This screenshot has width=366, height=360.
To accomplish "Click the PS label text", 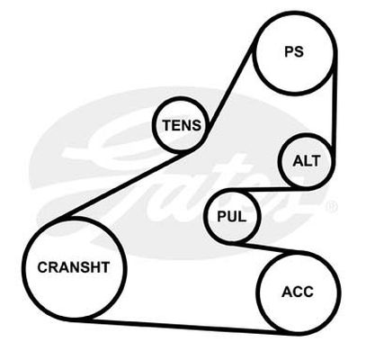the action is (x=294, y=51).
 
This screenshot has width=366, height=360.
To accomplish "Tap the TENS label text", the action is (x=182, y=125).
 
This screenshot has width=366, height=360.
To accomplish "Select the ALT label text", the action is (x=307, y=161).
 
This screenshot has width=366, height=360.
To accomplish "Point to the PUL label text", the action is (x=232, y=216).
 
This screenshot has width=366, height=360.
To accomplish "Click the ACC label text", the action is (x=298, y=292).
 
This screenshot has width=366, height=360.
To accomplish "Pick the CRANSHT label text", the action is (x=74, y=267).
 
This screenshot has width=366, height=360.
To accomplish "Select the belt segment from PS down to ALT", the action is (x=334, y=102).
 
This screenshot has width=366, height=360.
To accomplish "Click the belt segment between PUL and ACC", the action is (x=261, y=247).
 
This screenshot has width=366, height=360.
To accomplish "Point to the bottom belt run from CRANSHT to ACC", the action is (x=180, y=327).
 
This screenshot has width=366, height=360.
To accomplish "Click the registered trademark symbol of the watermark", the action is (x=333, y=206).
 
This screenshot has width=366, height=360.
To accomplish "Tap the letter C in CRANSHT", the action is (x=42, y=267).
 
